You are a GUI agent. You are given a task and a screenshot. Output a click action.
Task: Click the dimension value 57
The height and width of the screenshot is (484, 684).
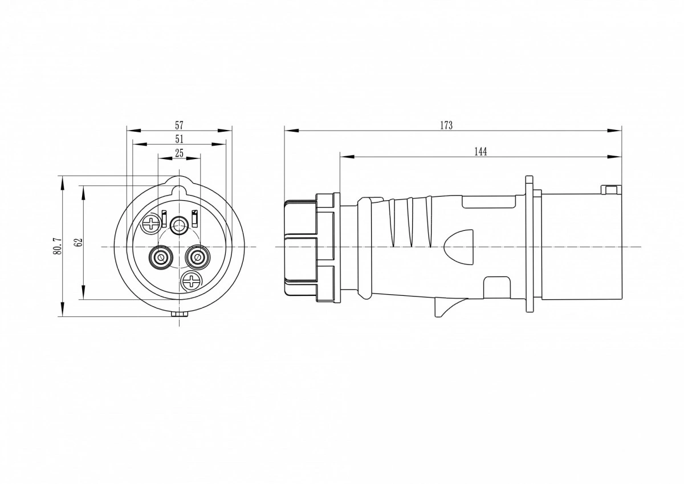tap(179, 125)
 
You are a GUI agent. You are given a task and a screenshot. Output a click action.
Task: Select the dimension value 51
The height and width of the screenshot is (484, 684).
tap(179, 139)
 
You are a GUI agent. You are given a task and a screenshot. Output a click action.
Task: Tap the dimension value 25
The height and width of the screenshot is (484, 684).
tap(179, 153)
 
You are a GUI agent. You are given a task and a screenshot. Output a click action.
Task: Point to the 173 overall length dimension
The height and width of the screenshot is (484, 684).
tap(446, 125)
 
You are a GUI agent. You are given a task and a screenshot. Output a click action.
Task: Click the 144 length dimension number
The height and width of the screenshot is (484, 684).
tap(481, 152)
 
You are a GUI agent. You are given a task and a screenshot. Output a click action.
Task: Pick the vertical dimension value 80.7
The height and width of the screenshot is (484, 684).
tap(58, 246)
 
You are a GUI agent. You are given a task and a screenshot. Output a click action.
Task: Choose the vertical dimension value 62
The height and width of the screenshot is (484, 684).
tap(79, 242)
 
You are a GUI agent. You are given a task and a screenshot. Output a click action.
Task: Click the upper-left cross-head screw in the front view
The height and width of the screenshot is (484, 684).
tap(150, 225)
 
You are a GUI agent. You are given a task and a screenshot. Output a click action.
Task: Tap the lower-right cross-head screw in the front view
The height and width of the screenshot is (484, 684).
tap(191, 280)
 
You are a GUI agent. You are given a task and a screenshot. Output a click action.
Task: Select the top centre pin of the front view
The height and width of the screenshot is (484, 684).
tap(179, 226)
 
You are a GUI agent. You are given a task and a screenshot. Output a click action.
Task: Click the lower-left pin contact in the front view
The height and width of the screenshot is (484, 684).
tap(160, 257)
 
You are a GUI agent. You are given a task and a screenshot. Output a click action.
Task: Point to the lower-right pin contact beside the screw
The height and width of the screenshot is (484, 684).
tap(198, 257)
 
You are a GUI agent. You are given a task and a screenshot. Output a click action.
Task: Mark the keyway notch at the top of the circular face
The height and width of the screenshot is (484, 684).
tap(179, 192)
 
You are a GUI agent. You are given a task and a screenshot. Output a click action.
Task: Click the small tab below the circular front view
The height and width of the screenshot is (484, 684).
tap(179, 314)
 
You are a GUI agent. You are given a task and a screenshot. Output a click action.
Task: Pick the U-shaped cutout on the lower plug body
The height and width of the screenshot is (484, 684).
tap(497, 288)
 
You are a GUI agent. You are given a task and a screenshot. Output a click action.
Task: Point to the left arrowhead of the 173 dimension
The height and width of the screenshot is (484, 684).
tap(291, 131)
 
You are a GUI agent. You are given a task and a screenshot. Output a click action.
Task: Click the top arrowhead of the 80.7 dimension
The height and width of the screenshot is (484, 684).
tap(62, 182)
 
